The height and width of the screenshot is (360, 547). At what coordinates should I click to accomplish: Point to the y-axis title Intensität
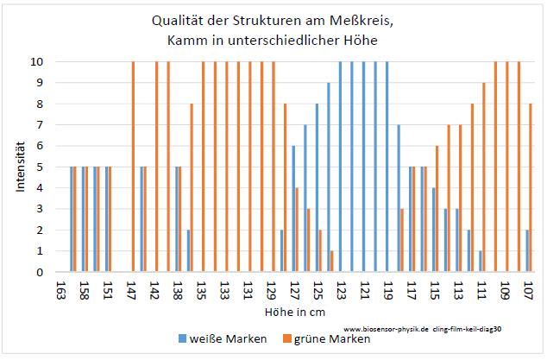click(x=19, y=167)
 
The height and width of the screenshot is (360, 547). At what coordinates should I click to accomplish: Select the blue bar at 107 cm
click(x=525, y=251)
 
